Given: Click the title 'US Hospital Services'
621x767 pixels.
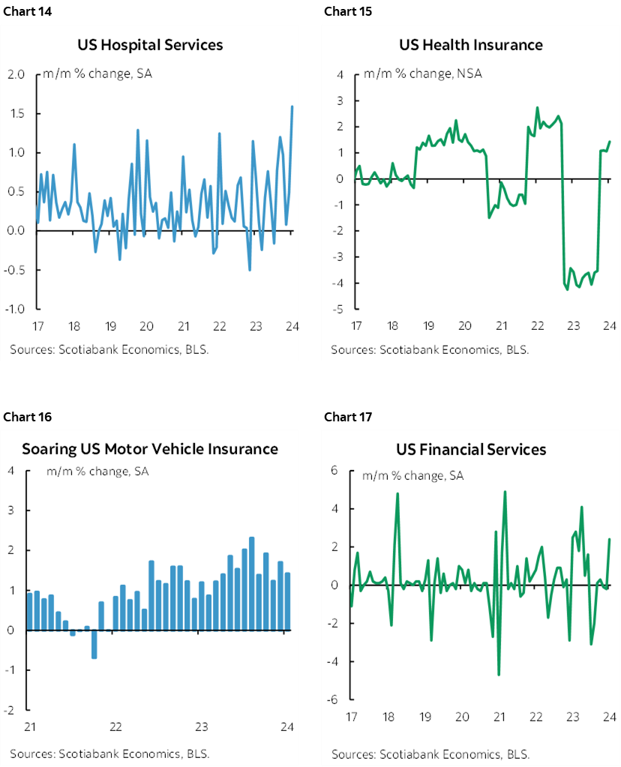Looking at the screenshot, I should coord(150,45).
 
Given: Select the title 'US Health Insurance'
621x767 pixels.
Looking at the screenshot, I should coord(470,45).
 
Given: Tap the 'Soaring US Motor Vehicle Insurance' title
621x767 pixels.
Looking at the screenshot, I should coord(150,449).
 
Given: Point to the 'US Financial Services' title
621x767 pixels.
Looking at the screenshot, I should coord(471,449).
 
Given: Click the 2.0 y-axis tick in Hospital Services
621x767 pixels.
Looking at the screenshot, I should coord(16,75).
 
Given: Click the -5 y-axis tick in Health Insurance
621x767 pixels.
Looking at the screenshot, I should coord(340,309).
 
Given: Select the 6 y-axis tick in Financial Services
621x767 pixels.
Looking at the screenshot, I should coord(335,470).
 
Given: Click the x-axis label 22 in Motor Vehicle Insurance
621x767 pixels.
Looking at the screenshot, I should coord(115,727).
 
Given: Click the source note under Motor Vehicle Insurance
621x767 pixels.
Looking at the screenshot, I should coord(109,753).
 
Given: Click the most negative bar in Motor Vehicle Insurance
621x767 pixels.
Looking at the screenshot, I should coord(94,644).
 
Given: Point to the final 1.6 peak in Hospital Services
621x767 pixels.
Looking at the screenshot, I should coord(292,106).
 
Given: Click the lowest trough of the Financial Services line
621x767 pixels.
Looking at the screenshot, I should coord(499,675).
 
